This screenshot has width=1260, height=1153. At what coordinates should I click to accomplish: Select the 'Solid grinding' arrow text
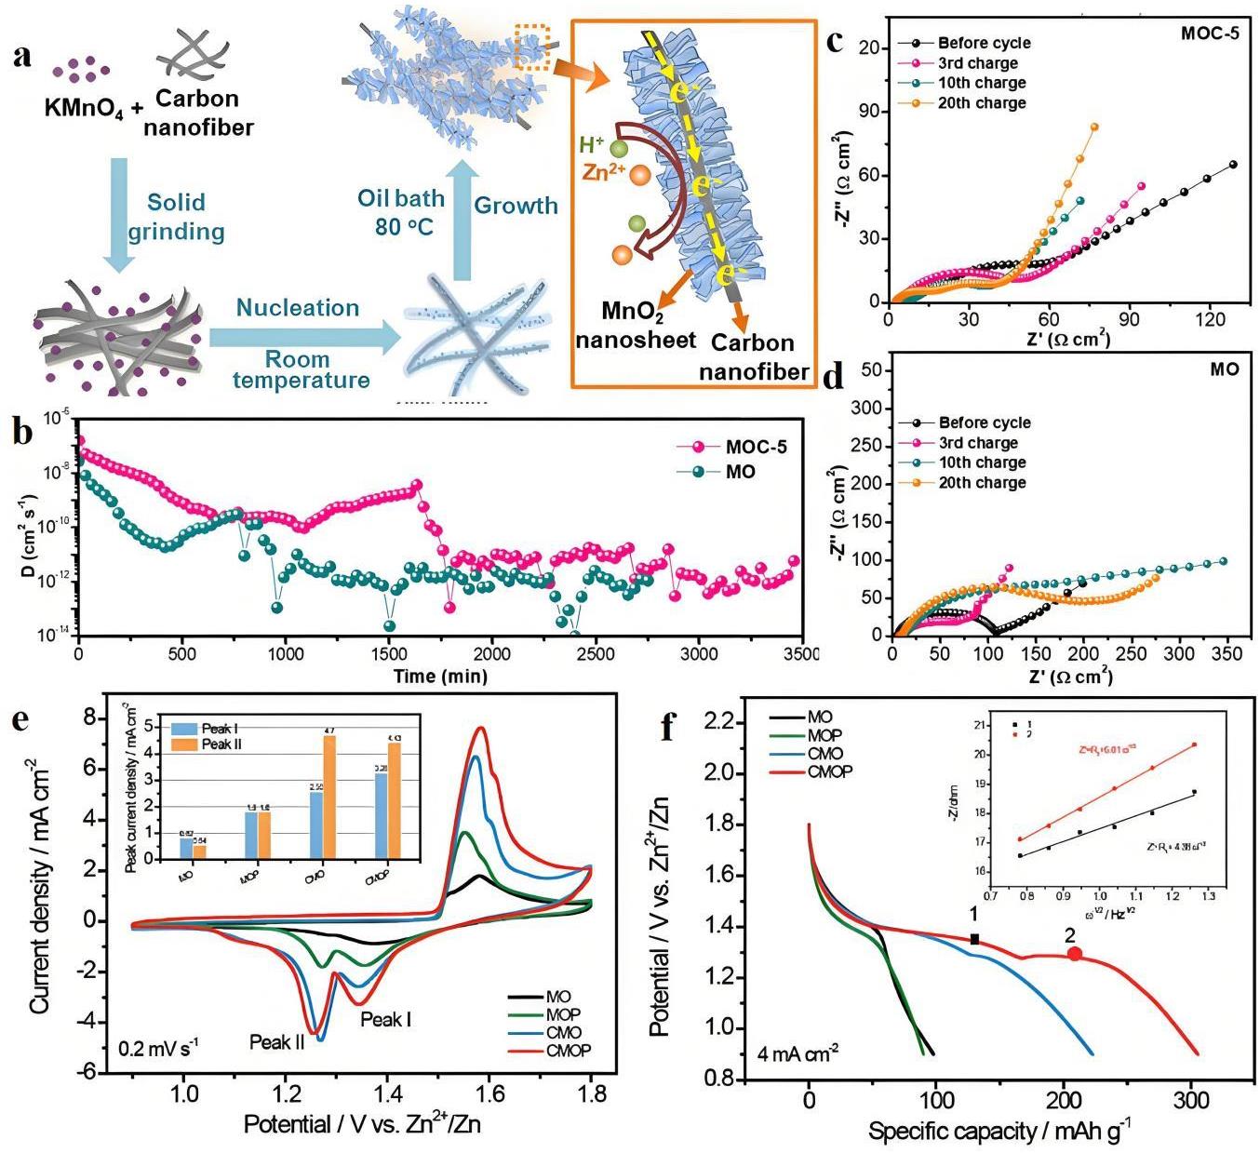(x=176, y=216)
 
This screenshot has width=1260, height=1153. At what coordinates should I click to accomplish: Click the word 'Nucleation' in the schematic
(x=297, y=308)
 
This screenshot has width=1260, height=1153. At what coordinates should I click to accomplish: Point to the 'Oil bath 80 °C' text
(x=401, y=211)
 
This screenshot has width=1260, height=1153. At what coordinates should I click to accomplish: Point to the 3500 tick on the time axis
(x=799, y=654)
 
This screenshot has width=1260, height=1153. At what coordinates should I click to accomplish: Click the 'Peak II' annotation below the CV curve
(x=276, y=1042)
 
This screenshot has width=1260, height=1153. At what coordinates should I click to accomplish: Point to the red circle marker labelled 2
(x=1075, y=954)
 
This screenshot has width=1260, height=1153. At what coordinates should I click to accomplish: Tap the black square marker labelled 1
(x=974, y=940)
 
